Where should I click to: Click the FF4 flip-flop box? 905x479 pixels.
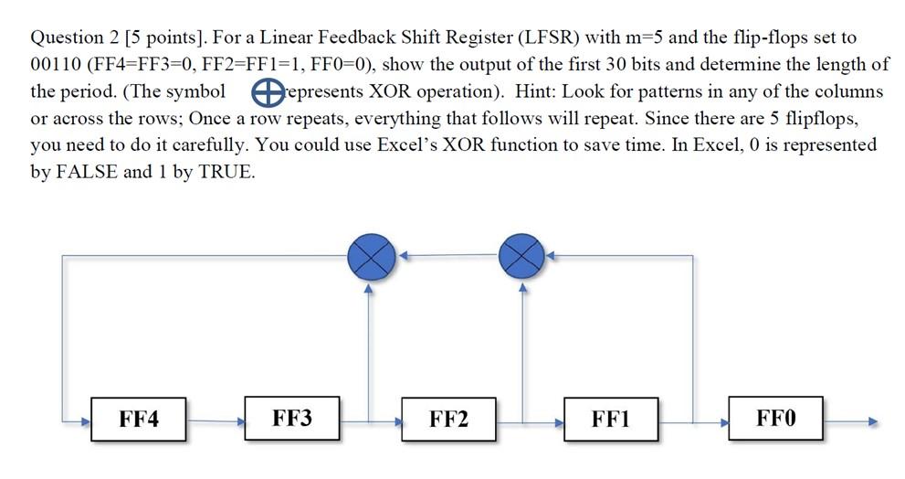point(139,420)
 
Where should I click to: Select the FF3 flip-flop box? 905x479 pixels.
point(292,420)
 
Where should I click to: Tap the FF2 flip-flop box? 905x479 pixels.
point(448,420)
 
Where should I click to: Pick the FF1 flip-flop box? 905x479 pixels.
point(611,420)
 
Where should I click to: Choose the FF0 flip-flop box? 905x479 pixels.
point(775,420)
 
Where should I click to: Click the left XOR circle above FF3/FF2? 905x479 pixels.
point(371,258)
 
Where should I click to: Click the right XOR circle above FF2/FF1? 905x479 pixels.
point(522,258)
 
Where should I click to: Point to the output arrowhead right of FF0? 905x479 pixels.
point(872,422)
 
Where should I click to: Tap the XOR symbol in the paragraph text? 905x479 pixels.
point(265,91)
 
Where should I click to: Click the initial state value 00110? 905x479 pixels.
point(55,65)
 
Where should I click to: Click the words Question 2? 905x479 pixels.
point(72,38)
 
